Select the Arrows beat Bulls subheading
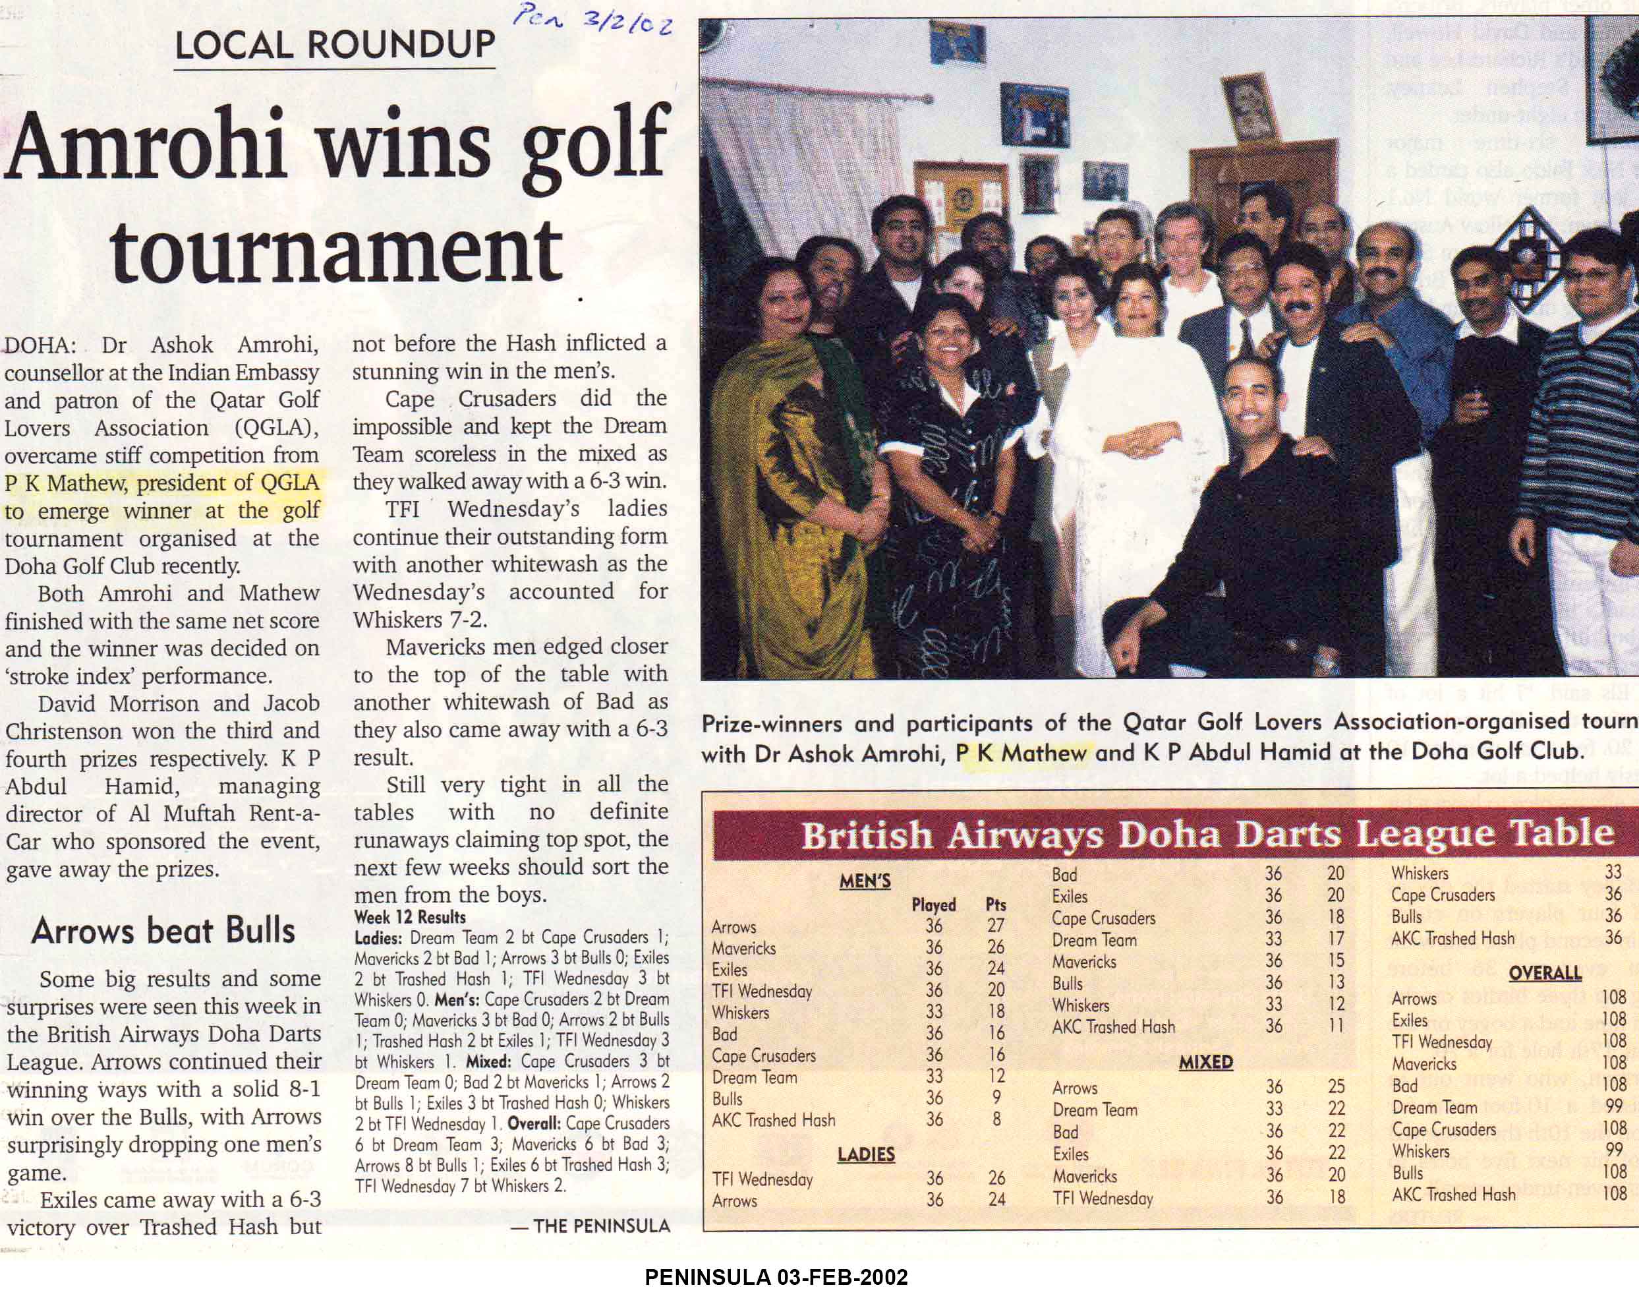pyautogui.click(x=163, y=931)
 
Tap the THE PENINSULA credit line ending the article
pyautogui.click(x=590, y=1225)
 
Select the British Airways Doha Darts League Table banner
pyautogui.click(x=1207, y=834)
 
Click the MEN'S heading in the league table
pyautogui.click(x=865, y=881)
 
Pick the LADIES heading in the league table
pyautogui.click(x=866, y=1154)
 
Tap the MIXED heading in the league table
pyautogui.click(x=1205, y=1062)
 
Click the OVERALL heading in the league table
pyautogui.click(x=1545, y=973)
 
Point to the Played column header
pyautogui.click(x=934, y=904)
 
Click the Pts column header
pyautogui.click(x=996, y=904)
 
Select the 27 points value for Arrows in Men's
pyautogui.click(x=996, y=926)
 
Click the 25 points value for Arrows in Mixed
pyautogui.click(x=1337, y=1086)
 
